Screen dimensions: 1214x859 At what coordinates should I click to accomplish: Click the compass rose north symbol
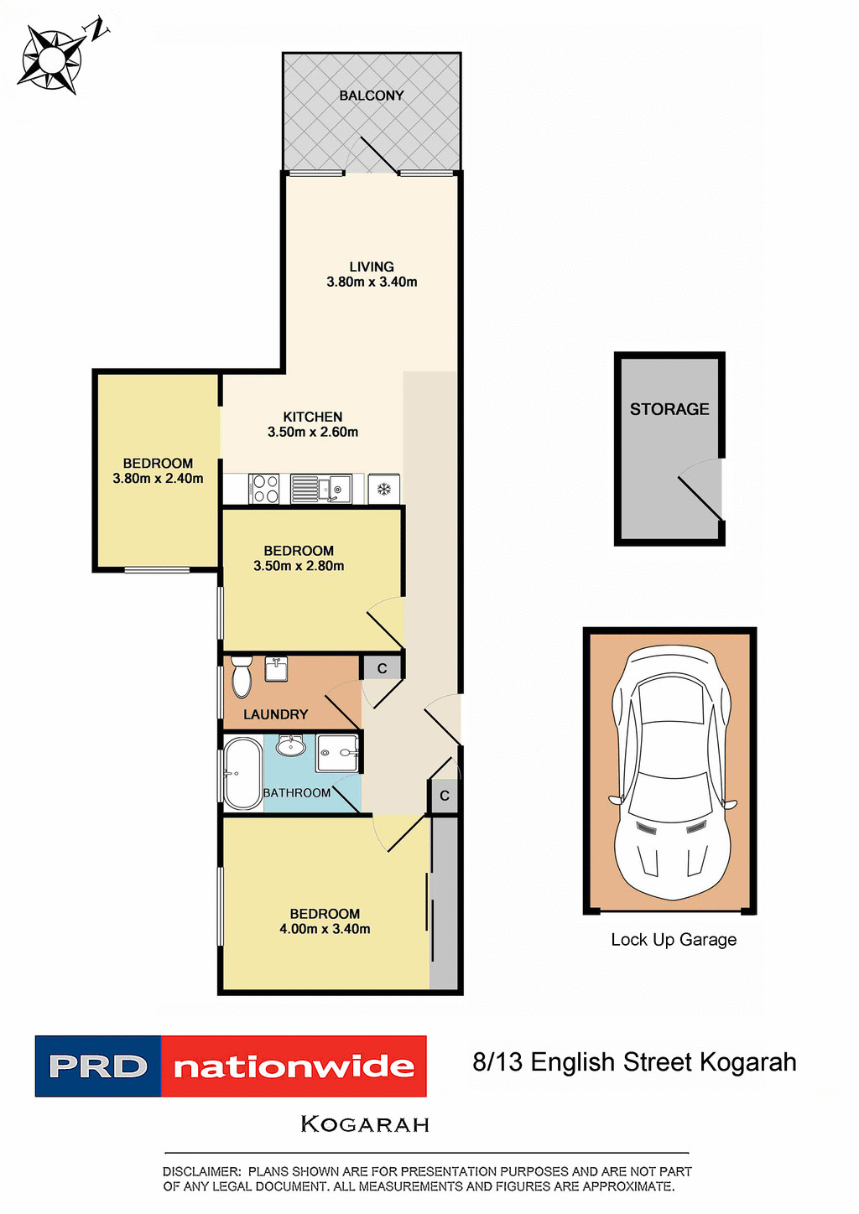[x=53, y=57]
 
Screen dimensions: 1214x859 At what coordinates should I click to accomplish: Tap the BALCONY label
[x=371, y=96]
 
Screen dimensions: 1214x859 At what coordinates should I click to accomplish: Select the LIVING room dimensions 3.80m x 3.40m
[x=372, y=283]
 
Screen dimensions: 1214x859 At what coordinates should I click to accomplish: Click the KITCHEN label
[x=312, y=417]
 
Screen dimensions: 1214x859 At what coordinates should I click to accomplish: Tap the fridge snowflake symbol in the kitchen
[x=384, y=489]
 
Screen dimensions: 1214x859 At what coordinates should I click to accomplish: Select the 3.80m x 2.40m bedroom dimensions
[x=158, y=479]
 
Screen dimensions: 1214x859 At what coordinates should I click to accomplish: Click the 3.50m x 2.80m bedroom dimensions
[x=299, y=566]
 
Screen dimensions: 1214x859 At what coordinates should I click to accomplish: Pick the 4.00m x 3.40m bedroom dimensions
[x=325, y=929]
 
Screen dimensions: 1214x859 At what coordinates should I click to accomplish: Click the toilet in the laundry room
[x=242, y=677]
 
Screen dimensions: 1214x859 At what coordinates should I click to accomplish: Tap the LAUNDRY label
[x=275, y=714]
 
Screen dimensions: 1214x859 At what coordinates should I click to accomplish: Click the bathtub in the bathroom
[x=242, y=773]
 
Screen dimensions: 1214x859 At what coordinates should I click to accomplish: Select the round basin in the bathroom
[x=291, y=745]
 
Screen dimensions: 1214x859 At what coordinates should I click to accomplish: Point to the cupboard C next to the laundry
[x=383, y=668]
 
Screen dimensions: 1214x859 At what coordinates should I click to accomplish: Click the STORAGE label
[x=669, y=409]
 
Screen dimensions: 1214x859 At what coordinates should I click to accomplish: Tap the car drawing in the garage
[x=670, y=771]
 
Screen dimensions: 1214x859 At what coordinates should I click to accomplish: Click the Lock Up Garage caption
[x=674, y=940]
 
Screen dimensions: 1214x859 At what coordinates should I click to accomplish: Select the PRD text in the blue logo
[x=97, y=1066]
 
